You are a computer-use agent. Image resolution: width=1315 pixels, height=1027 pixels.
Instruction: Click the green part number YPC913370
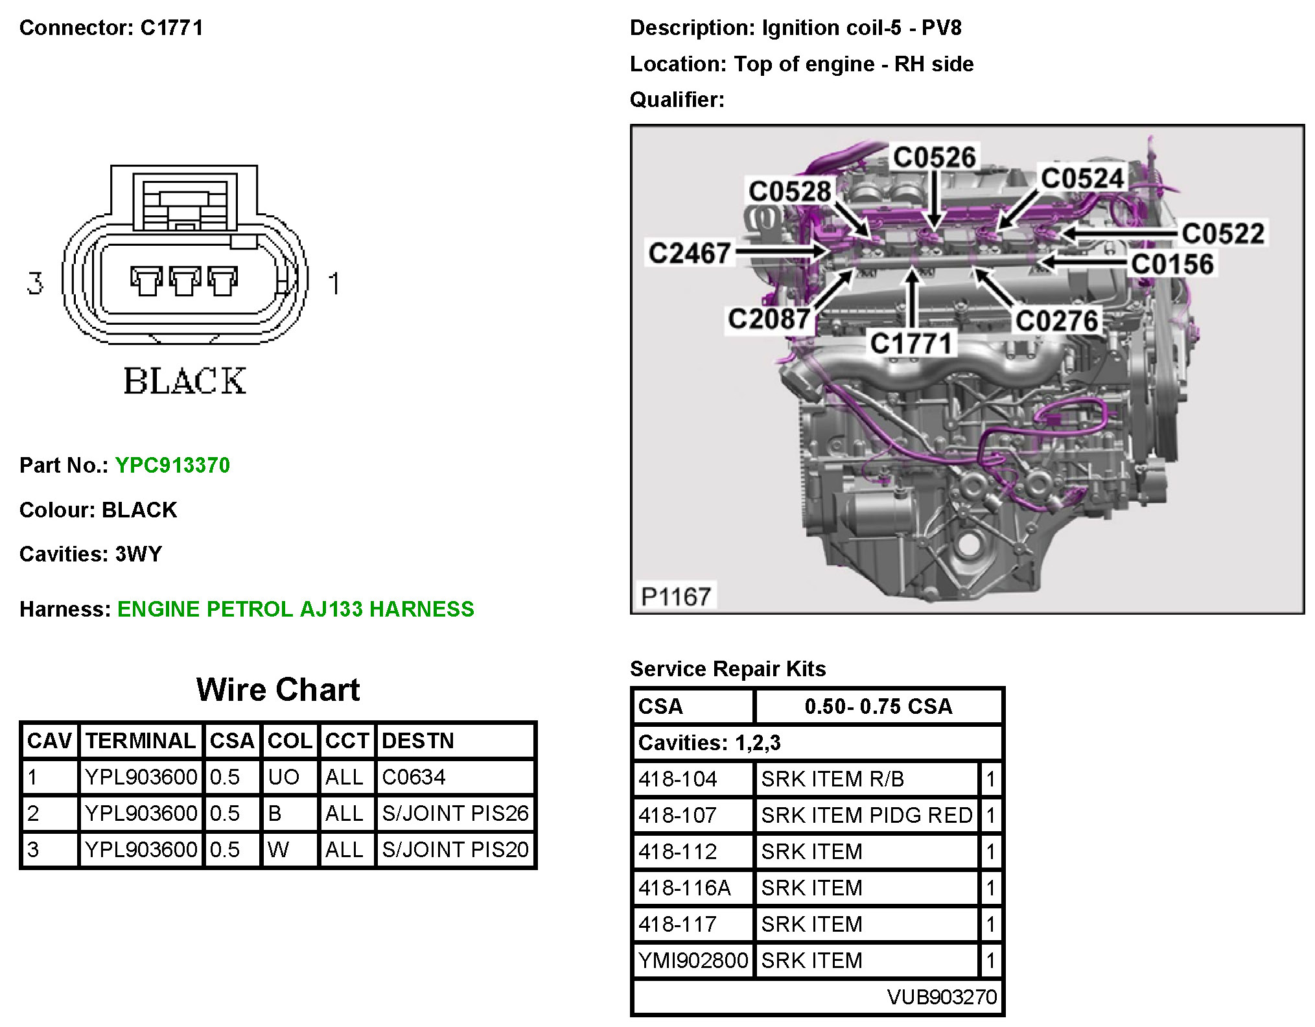pyautogui.click(x=172, y=466)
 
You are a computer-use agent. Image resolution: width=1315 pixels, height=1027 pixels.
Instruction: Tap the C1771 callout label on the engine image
pyautogui.click(x=911, y=344)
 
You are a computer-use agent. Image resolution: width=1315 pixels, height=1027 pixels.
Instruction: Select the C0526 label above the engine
pyautogui.click(x=934, y=158)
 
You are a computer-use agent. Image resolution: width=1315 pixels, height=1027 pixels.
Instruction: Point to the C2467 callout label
pyautogui.click(x=690, y=253)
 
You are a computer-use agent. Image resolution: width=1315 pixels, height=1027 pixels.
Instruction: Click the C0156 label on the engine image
pyautogui.click(x=1172, y=265)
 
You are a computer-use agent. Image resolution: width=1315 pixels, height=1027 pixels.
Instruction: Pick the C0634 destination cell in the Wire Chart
pyautogui.click(x=413, y=777)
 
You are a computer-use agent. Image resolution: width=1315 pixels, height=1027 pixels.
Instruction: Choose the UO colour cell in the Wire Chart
pyautogui.click(x=283, y=777)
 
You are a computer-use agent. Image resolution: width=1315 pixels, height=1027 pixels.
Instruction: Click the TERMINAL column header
pyautogui.click(x=141, y=740)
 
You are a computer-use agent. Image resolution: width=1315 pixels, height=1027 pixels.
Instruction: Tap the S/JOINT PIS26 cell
pyautogui.click(x=455, y=813)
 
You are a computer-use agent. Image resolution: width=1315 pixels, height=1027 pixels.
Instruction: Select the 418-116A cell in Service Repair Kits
pyautogui.click(x=684, y=888)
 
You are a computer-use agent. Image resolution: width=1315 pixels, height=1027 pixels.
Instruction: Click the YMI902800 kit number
pyautogui.click(x=693, y=960)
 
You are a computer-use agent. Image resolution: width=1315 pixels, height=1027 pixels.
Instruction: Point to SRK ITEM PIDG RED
pyautogui.click(x=867, y=815)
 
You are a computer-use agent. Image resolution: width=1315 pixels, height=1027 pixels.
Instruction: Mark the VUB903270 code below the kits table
pyautogui.click(x=942, y=997)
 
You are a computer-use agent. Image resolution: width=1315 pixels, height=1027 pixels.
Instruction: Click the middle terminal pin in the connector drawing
pyautogui.click(x=185, y=280)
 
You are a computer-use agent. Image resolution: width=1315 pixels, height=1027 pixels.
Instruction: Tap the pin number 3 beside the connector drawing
pyautogui.click(x=35, y=283)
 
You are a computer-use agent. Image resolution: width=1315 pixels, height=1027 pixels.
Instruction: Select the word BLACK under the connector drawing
pyautogui.click(x=185, y=381)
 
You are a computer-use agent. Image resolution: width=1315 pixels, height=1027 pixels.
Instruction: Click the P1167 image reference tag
pyautogui.click(x=675, y=596)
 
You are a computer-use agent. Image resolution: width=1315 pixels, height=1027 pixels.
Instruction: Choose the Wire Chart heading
pyautogui.click(x=278, y=690)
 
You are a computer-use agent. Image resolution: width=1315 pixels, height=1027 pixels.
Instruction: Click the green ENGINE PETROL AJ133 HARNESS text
pyautogui.click(x=296, y=609)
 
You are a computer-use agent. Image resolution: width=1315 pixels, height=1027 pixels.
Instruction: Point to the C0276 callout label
pyautogui.click(x=1056, y=321)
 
